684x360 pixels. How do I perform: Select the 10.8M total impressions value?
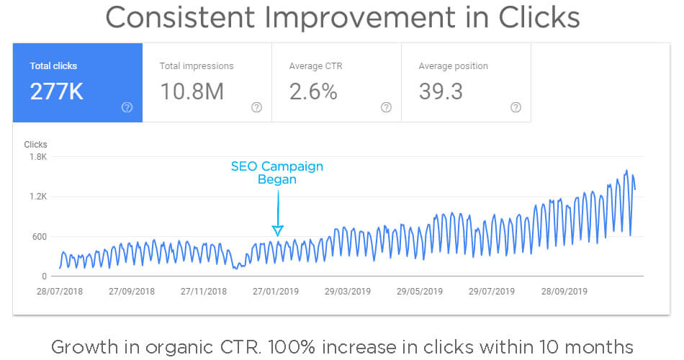tap(192, 92)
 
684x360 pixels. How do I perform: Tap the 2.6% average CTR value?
tap(313, 92)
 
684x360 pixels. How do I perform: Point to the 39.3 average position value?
tap(441, 92)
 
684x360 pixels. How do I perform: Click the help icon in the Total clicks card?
tap(127, 107)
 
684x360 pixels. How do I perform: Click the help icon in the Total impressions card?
tap(256, 107)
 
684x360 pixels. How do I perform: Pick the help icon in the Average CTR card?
tap(386, 107)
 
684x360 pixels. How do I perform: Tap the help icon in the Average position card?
tap(516, 107)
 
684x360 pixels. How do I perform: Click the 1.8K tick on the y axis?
tap(37, 157)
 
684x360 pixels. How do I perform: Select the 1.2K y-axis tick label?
tap(37, 197)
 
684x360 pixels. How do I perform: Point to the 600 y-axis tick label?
tap(39, 237)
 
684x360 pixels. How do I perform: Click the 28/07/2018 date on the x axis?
tap(59, 292)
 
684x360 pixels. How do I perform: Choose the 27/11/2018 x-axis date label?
tap(204, 292)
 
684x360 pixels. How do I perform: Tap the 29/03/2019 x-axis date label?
tap(348, 292)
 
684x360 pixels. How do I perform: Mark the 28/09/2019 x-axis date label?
tap(564, 292)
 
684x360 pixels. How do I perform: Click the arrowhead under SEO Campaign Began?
tap(277, 230)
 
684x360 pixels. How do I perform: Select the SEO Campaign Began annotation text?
tap(277, 173)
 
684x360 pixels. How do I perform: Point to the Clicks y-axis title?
tap(35, 145)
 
